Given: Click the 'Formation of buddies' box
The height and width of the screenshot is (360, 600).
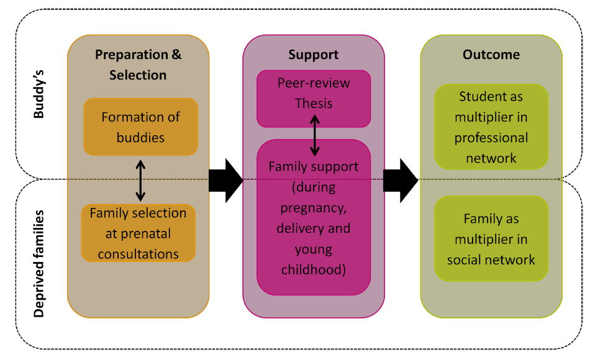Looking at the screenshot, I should (x=140, y=127).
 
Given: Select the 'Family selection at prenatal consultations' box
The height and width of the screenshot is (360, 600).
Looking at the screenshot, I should (x=138, y=233).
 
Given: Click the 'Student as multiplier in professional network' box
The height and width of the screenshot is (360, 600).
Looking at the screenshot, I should (x=491, y=127).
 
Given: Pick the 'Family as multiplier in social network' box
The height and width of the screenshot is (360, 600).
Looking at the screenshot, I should (x=491, y=239).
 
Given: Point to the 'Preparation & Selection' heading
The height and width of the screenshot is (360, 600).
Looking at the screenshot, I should (x=138, y=65).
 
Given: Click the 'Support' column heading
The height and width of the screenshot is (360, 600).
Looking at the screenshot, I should (x=313, y=55).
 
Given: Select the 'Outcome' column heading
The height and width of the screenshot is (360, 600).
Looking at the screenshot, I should (x=491, y=55).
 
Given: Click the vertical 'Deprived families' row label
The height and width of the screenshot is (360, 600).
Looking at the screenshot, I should (x=40, y=264).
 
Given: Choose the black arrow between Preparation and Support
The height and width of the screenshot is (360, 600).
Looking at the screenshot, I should (x=225, y=179).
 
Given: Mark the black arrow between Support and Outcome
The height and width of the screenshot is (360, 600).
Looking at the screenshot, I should (x=400, y=179).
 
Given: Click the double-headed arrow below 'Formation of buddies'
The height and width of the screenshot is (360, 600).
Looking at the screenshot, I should (x=141, y=180).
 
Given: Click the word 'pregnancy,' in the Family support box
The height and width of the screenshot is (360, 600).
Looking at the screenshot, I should (x=313, y=207).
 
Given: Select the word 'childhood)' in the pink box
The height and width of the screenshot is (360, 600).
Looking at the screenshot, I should (x=313, y=270).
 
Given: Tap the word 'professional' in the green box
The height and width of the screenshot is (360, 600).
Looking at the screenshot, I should (x=491, y=138).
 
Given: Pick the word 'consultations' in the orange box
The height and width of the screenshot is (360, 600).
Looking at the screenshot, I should (x=138, y=254).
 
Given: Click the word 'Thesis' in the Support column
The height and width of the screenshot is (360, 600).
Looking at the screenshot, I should (x=313, y=104).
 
